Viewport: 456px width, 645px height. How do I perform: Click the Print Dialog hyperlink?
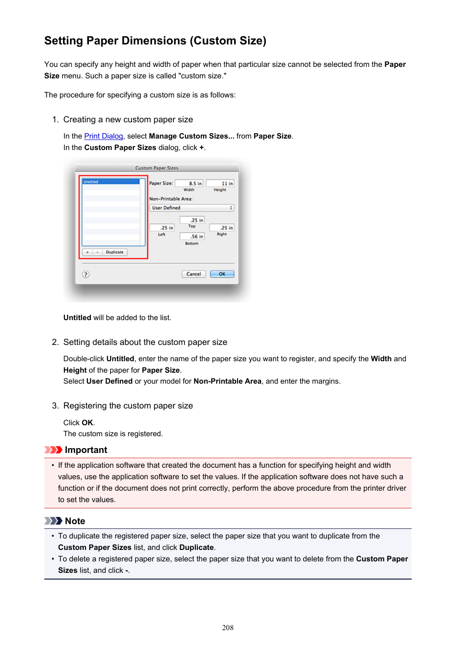tap(103, 136)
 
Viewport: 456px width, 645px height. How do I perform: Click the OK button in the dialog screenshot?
tap(222, 274)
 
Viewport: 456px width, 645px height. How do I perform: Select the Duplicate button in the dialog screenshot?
tap(115, 252)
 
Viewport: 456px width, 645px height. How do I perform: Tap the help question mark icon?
tap(86, 274)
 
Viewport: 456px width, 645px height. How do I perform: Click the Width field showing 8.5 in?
tap(189, 183)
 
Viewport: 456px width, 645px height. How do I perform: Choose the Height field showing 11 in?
tap(220, 183)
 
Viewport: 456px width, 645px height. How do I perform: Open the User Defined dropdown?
tap(192, 208)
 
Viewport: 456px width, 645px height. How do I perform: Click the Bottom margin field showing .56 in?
tap(192, 236)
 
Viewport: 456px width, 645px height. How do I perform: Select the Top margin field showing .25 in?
tap(192, 220)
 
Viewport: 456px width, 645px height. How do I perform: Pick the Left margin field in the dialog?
tap(162, 228)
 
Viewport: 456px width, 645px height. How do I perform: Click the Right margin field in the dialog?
tap(222, 228)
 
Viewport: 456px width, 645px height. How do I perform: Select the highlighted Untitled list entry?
tap(111, 182)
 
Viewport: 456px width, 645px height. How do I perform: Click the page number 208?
tap(228, 628)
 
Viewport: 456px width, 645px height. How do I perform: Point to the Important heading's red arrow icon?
tap(53, 450)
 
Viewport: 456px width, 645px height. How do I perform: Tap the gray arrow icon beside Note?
tap(53, 521)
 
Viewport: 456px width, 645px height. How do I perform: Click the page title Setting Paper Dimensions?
tap(155, 41)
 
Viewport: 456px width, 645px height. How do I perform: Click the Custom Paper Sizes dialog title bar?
tap(157, 168)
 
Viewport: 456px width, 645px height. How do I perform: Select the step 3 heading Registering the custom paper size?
tap(128, 406)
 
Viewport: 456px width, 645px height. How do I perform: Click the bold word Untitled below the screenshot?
tap(77, 318)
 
